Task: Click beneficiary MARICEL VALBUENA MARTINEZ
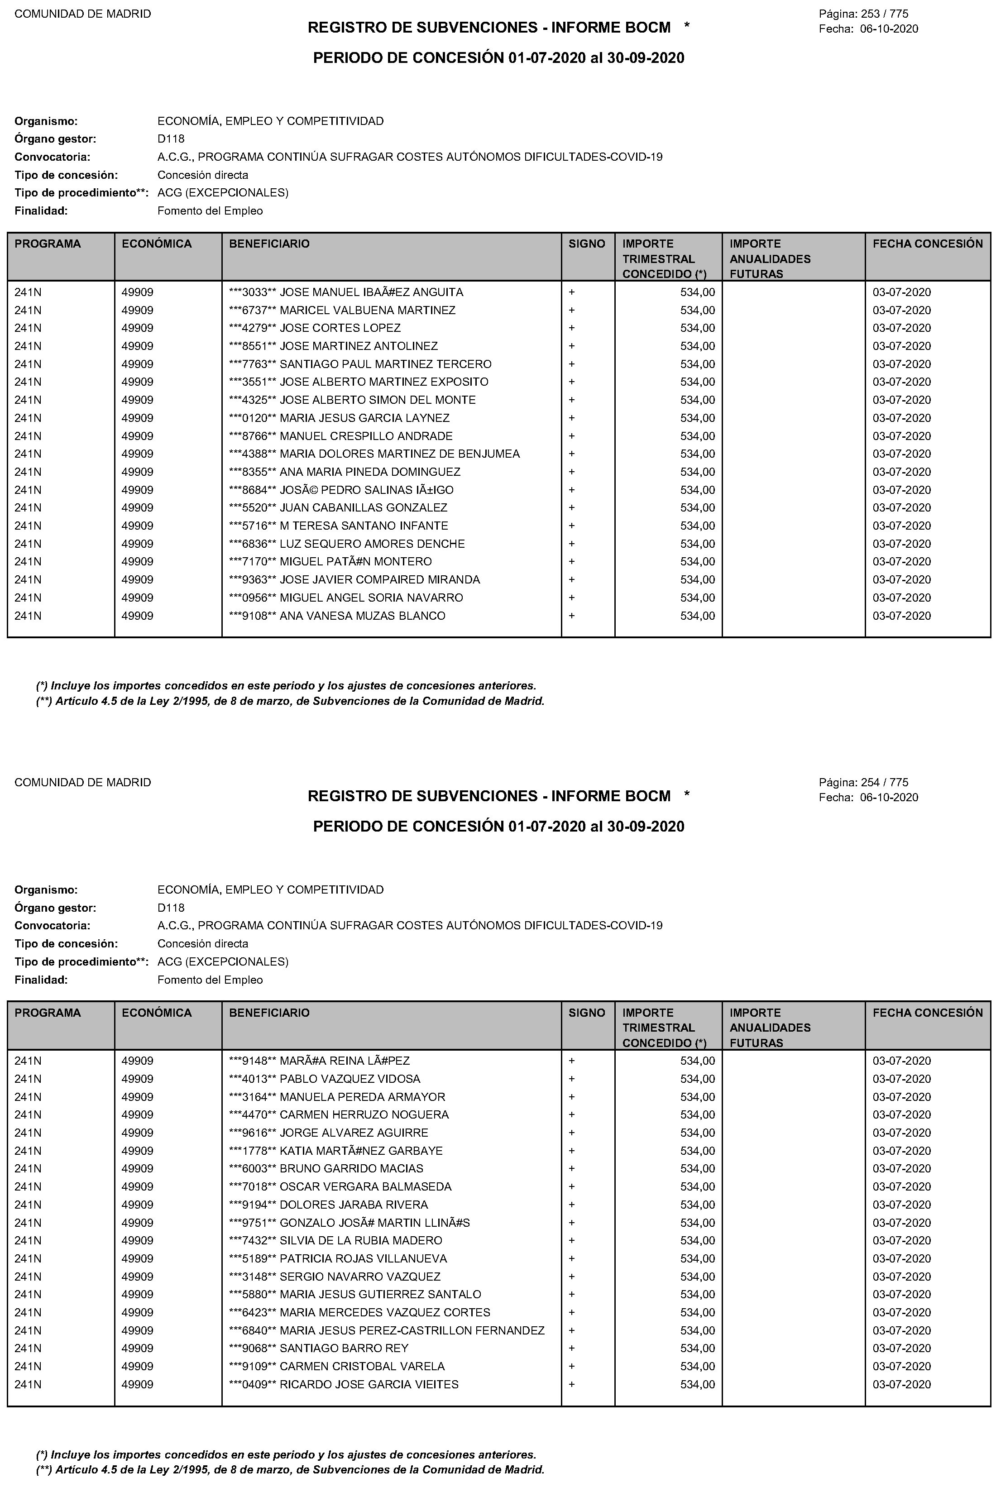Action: pos(367,311)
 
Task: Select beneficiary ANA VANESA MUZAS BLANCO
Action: pos(362,616)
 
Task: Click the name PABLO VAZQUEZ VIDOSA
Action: pos(350,1079)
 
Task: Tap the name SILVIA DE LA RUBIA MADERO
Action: pos(361,1240)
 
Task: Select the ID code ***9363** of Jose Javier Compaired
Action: pos(253,580)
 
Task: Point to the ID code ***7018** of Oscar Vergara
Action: pos(253,1186)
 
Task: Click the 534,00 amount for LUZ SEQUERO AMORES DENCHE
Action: pos(698,544)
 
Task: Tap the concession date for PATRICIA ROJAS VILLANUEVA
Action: pos(901,1259)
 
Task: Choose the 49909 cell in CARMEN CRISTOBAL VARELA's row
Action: pos(137,1366)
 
